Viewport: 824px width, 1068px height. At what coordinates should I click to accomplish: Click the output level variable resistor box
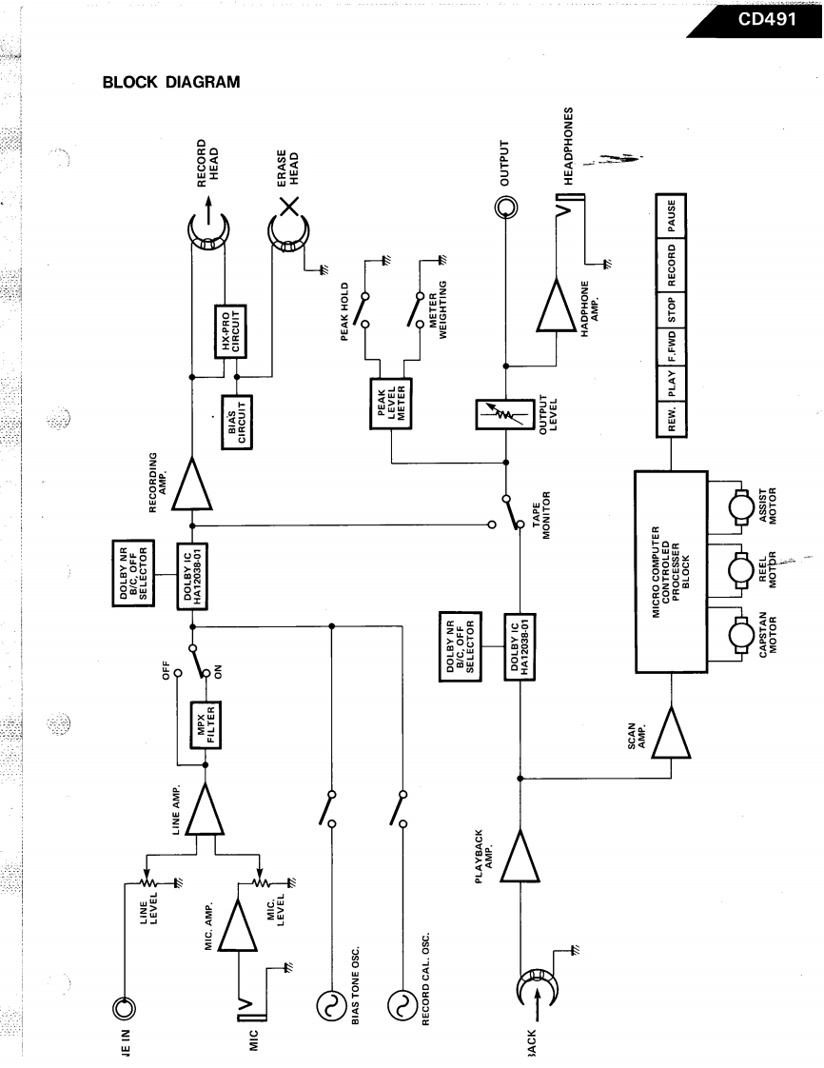tap(506, 414)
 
